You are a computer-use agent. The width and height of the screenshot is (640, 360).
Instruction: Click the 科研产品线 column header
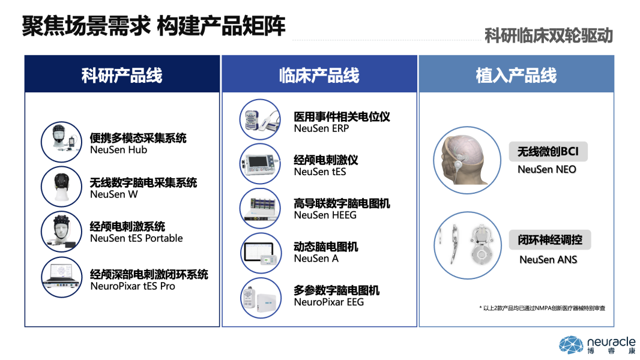tap(122, 75)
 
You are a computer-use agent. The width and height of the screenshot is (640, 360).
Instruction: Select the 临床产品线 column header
tap(319, 75)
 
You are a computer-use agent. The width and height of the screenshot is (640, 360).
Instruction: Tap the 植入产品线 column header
tap(516, 75)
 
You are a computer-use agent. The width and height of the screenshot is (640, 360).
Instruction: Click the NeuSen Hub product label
tap(118, 150)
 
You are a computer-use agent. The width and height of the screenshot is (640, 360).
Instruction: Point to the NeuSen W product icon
tap(62, 187)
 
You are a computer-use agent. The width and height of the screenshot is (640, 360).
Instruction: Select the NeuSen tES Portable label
tap(136, 238)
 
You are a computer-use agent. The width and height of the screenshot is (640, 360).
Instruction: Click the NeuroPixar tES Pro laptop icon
tap(62, 277)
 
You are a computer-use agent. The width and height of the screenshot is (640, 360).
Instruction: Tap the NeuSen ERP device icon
tap(261, 119)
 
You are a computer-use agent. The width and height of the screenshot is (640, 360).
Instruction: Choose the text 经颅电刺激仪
tap(326, 160)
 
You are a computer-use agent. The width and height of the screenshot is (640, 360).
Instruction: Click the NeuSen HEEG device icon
tap(261, 208)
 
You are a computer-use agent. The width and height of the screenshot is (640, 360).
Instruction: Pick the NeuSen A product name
tap(316, 259)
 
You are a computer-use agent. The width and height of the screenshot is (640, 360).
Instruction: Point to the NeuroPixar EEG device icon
tap(261, 298)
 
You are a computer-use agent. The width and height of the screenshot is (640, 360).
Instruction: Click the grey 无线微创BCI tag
tap(548, 152)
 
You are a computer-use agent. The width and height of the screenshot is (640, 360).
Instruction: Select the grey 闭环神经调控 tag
tap(550, 240)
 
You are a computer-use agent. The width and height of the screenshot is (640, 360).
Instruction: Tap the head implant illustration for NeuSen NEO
tap(467, 160)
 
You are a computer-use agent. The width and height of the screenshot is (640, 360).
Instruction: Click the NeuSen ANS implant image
tap(467, 245)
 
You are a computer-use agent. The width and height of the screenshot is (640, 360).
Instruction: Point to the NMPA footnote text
tap(542, 308)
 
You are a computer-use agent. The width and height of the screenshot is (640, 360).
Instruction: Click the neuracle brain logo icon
tap(571, 345)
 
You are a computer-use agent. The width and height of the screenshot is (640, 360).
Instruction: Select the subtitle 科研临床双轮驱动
tap(549, 36)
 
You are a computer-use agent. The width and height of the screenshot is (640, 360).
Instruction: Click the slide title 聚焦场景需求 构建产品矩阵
tap(154, 26)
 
